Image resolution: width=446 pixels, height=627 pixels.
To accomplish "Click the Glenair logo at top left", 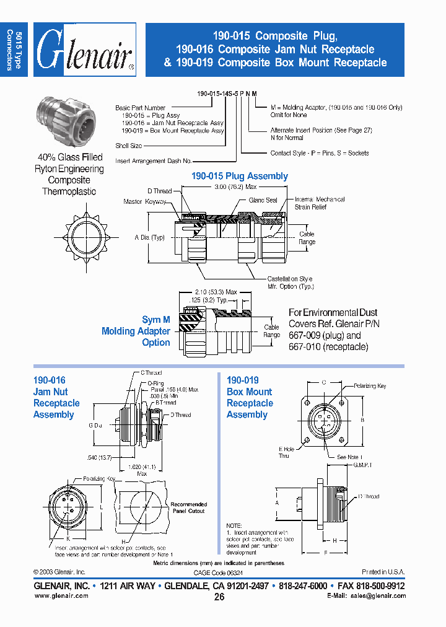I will tap(85, 50).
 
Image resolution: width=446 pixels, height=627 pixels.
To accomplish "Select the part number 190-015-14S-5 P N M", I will tap(227, 92).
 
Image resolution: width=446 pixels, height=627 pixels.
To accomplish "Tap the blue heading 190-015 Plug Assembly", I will tap(239, 176).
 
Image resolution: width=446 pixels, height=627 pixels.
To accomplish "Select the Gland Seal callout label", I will tap(263, 200).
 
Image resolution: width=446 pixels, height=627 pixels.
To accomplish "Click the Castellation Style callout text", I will tap(290, 279).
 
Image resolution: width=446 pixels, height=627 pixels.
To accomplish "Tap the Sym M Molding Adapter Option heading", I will tap(136, 331).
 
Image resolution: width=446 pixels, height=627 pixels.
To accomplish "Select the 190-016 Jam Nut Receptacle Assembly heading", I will tap(56, 397).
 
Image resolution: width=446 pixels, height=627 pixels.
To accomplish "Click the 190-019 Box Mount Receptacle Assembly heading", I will tap(250, 397).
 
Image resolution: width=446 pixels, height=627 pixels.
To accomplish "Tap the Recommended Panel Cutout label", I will tap(188, 507).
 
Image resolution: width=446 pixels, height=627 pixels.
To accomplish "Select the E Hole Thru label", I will tap(286, 452).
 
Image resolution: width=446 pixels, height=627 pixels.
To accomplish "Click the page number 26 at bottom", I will tap(219, 597).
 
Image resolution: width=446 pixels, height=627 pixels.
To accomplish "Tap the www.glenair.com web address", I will tap(61, 595).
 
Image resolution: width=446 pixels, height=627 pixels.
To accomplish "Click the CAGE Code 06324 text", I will tap(219, 572).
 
